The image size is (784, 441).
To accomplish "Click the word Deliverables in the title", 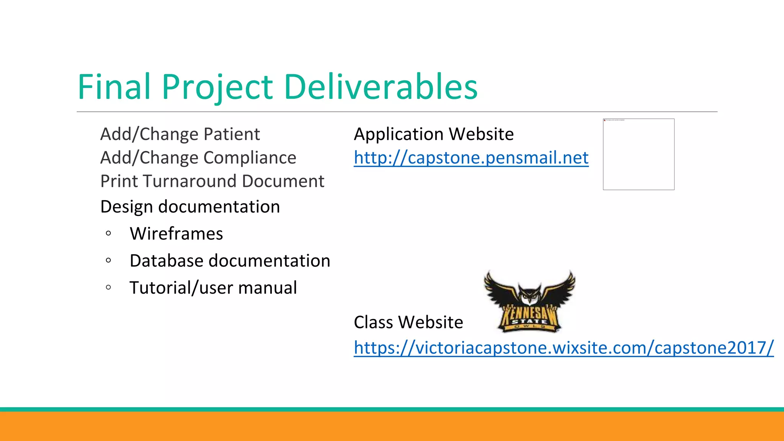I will point(381,87).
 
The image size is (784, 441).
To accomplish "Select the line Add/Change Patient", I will point(180,134).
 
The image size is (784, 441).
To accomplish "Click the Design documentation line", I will point(190,207).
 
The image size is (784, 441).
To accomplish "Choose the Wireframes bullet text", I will point(176,234).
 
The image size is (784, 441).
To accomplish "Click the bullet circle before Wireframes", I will point(108,233).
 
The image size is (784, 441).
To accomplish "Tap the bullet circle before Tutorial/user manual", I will point(108,287).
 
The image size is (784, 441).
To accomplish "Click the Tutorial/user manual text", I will point(213,287).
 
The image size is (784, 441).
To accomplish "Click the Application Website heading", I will point(434,134).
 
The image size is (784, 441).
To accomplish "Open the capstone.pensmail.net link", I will point(471,158).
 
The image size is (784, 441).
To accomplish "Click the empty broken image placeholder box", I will point(639,154).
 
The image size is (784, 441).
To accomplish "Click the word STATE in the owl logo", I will point(529,321).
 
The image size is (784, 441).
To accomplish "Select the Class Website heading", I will point(408,322).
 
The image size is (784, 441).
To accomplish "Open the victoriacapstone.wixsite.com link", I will point(563,348).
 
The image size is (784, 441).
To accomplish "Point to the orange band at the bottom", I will point(392,426).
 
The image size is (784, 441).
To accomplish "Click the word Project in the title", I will point(217,87).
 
